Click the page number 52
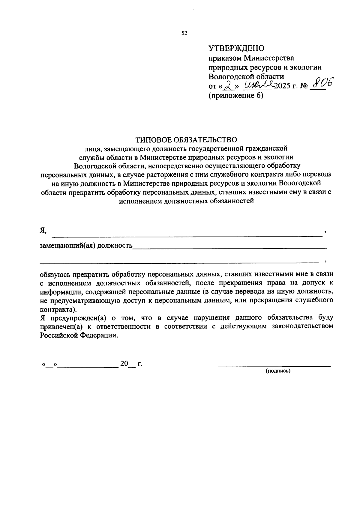[x=184, y=33]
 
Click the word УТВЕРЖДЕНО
[x=236, y=48]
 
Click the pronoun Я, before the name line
[x=43, y=230]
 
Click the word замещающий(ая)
[x=68, y=246]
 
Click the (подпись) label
[x=278, y=371]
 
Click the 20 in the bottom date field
[x=124, y=364]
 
